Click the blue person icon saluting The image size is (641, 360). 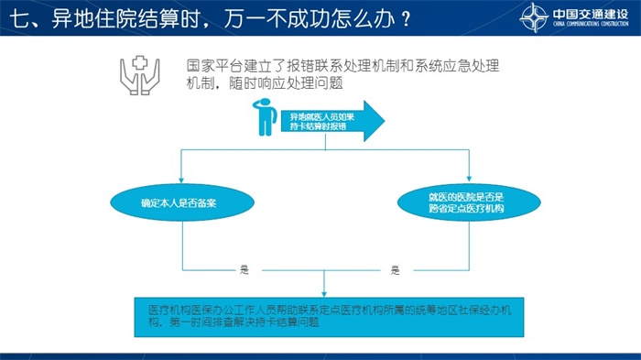pyautogui.click(x=265, y=117)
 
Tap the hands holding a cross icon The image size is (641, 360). pyautogui.click(x=140, y=75)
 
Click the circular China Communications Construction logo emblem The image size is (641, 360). pyautogui.click(x=534, y=17)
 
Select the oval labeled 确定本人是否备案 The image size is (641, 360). pyautogui.click(x=182, y=202)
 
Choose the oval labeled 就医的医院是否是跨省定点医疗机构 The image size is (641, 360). pyautogui.click(x=469, y=202)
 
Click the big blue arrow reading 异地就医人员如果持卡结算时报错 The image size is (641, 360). pyautogui.click(x=332, y=121)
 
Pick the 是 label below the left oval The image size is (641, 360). pyautogui.click(x=244, y=269)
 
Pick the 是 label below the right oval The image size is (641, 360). pyautogui.click(x=395, y=270)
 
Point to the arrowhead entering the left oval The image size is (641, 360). pyautogui.click(x=181, y=180)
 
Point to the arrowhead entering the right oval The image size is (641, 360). pyautogui.click(x=469, y=179)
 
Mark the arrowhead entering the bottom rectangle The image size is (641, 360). pyautogui.click(x=324, y=294)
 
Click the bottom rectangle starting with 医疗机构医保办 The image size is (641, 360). pyautogui.click(x=329, y=318)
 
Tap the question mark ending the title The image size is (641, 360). pyautogui.click(x=406, y=19)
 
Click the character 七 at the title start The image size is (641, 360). pyautogui.click(x=18, y=19)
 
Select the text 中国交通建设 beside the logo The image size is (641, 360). pyautogui.click(x=591, y=14)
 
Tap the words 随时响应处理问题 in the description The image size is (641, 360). pyautogui.click(x=286, y=83)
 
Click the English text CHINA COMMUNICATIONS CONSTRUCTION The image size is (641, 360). pyautogui.click(x=591, y=24)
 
